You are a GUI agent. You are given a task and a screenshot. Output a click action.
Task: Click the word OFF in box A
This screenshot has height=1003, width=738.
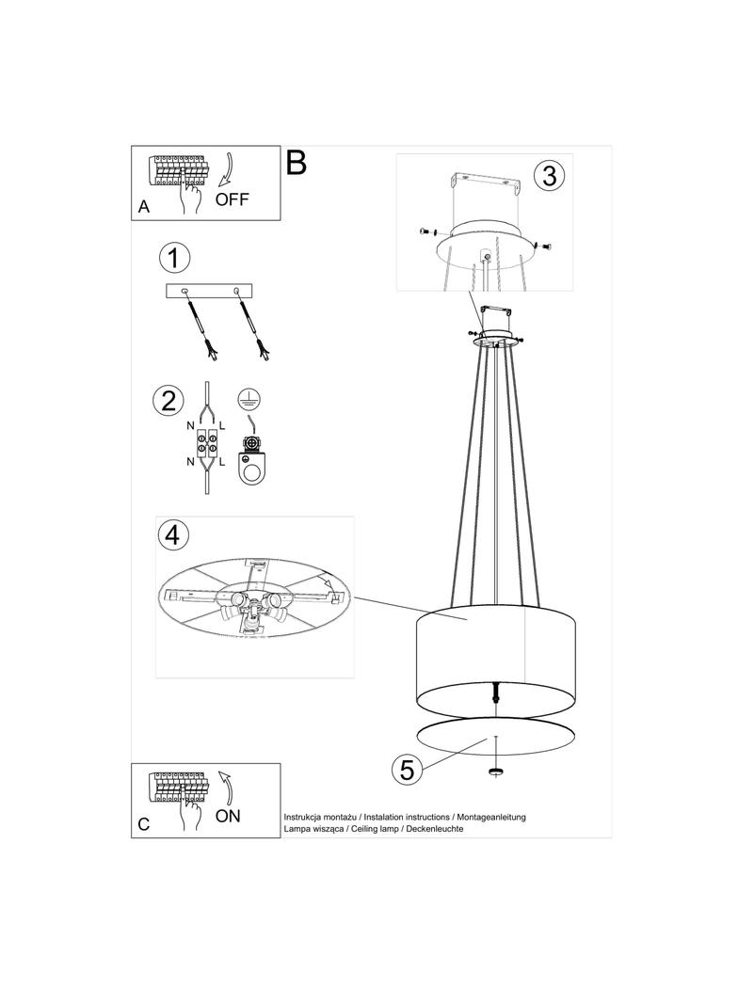(x=232, y=199)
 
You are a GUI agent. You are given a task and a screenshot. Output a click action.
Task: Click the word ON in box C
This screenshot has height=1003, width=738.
(x=228, y=816)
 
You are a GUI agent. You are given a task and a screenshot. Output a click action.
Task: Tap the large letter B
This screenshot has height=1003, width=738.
(x=296, y=163)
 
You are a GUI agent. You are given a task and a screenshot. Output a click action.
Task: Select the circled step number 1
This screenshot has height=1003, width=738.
(x=174, y=258)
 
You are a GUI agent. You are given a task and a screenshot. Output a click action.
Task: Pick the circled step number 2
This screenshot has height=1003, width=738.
(x=168, y=401)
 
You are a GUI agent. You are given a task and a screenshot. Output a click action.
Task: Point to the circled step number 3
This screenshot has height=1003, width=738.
(x=549, y=175)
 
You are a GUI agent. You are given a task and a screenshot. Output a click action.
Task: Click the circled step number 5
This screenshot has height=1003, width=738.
(x=407, y=769)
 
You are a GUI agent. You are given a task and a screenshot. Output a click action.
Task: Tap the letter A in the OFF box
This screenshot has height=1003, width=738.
(x=144, y=207)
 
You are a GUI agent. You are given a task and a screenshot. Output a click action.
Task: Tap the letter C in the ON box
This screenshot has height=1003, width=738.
(x=144, y=824)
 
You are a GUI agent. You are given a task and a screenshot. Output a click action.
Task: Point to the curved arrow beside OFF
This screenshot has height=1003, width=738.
(x=226, y=172)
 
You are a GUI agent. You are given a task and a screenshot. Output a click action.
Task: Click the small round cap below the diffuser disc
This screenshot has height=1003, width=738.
(x=495, y=772)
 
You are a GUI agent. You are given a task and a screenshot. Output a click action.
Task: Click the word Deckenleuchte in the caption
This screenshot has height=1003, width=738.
(x=434, y=828)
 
